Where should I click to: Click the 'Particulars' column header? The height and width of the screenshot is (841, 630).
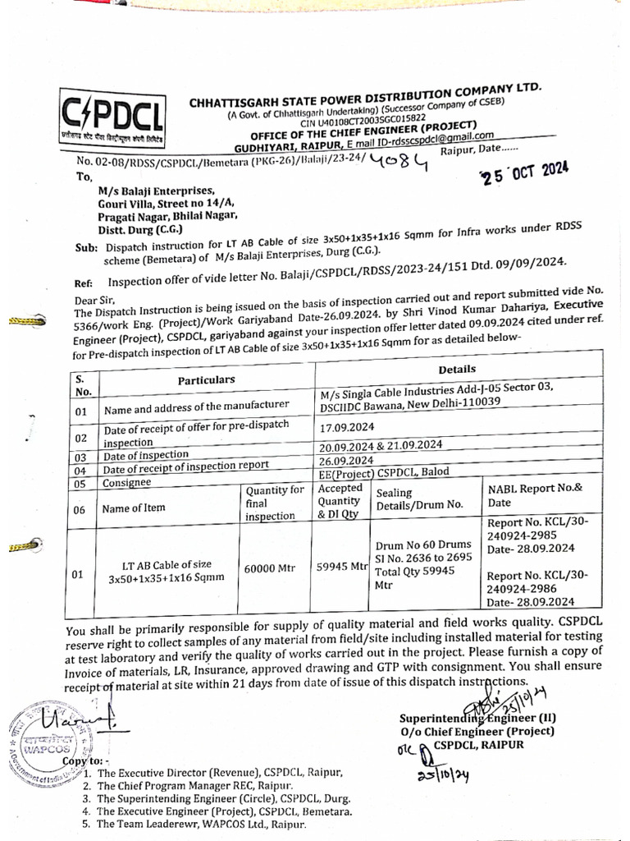pos(207,379)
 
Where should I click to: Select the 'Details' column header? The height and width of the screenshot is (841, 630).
pos(457,370)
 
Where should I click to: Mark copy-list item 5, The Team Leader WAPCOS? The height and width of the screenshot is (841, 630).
pos(201,825)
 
